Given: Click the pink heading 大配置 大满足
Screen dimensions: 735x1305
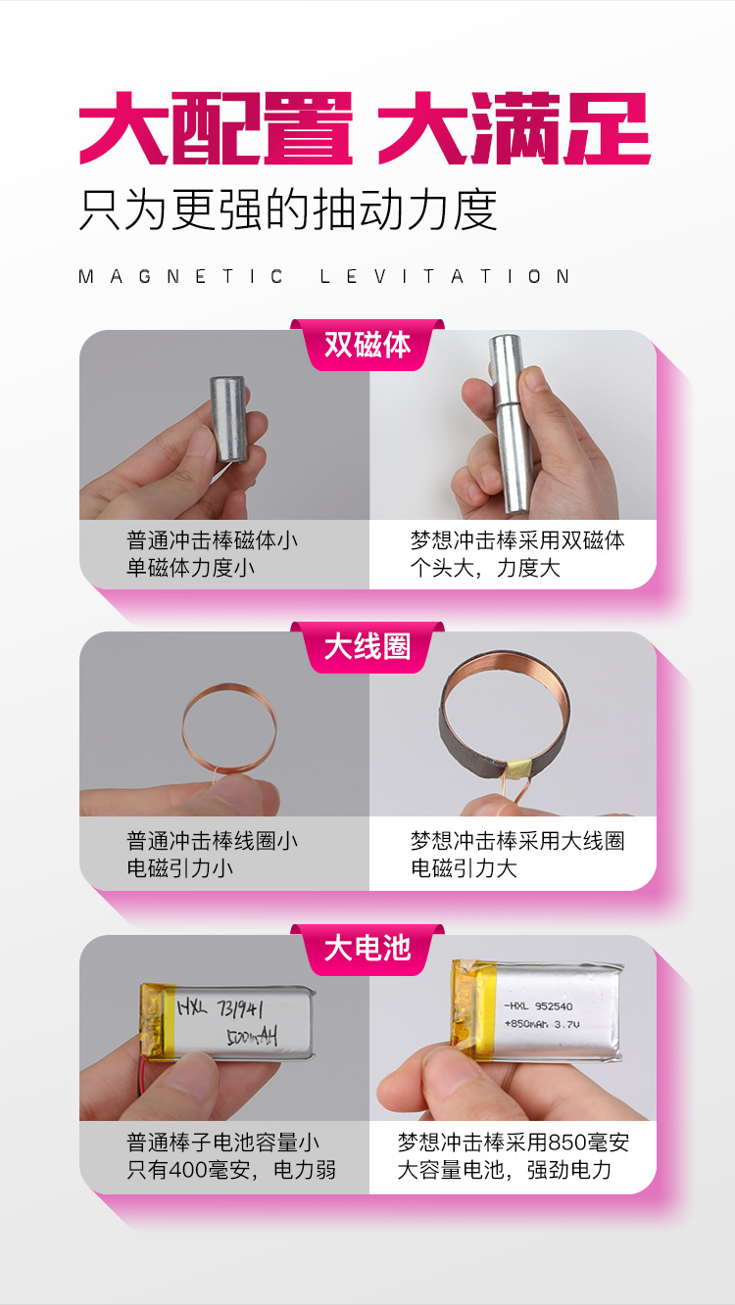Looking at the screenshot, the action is (365, 128).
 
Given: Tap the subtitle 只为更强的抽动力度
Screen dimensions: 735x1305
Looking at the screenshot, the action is (288, 210).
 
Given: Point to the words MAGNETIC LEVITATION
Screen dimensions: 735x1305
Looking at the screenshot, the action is (324, 276).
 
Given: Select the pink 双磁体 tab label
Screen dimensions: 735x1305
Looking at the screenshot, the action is (367, 345).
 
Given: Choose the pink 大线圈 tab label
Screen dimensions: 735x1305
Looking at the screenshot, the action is (367, 647).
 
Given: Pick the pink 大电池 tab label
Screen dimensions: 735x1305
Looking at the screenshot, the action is (367, 949).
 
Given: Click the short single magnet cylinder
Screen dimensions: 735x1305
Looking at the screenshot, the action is (228, 419).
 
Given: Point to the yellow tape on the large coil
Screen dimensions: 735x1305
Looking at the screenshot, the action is (518, 769).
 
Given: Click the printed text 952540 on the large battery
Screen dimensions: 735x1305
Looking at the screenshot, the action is (554, 1006).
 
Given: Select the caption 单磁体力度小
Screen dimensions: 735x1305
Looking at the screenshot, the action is (191, 568).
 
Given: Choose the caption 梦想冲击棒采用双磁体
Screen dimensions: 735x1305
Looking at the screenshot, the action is (517, 540).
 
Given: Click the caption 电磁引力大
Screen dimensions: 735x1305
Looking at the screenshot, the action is (464, 868).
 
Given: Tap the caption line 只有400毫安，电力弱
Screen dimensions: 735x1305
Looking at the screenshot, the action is (231, 1170).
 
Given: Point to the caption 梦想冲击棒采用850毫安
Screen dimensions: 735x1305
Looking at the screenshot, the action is (514, 1142).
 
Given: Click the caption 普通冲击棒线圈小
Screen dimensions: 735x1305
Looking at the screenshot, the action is (213, 841).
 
